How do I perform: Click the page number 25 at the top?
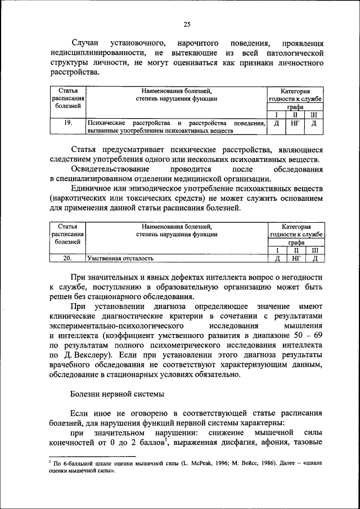(x=187, y=24)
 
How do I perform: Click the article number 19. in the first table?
(x=67, y=123)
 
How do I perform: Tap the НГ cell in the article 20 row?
(x=296, y=258)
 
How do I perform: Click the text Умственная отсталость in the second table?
(x=120, y=259)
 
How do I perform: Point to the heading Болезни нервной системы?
(x=117, y=394)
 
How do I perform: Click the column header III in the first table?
(x=315, y=115)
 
